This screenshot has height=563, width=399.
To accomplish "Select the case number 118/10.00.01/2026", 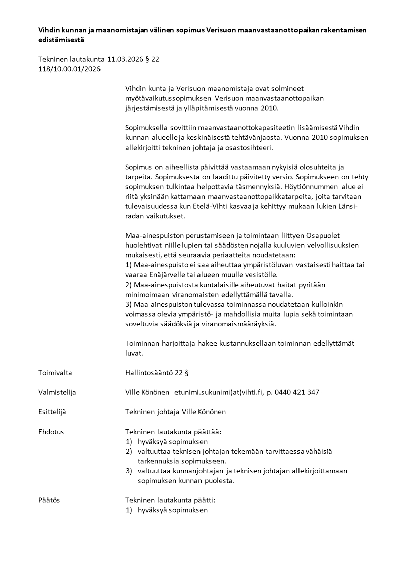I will coord(69,69).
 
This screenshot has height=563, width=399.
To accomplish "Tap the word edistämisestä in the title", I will coord(61,39).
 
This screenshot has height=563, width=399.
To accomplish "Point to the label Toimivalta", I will coord(55,373).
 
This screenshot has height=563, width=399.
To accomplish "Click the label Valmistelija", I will coord(57,392).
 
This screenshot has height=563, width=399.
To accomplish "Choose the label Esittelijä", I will coord(52,412).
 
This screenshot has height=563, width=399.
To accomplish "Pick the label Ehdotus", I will coord(51,432).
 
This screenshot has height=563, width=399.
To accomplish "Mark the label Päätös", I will coord(49,500).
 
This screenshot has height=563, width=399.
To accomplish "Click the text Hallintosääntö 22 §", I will coord(157,373).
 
